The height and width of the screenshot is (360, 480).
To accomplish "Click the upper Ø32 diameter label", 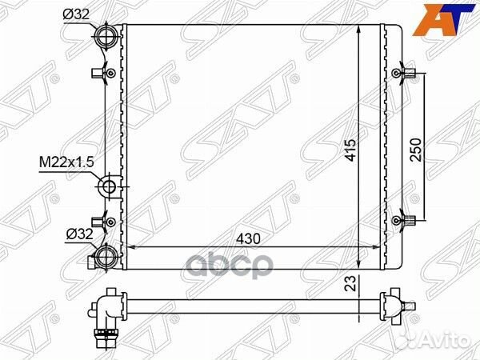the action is pos(76,14).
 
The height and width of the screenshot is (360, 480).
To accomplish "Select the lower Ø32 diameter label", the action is pos(79,234).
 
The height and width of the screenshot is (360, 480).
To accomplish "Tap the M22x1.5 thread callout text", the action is pos(66,162).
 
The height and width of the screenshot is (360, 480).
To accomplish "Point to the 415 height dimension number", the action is pos(350,150).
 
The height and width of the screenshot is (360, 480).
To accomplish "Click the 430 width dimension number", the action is pos(248,238).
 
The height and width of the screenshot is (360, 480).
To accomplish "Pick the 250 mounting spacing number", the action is pos(415,150).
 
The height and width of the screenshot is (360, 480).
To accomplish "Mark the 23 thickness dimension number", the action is pos(350,283).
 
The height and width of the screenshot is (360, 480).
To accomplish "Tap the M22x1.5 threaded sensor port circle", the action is pos(108,186).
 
